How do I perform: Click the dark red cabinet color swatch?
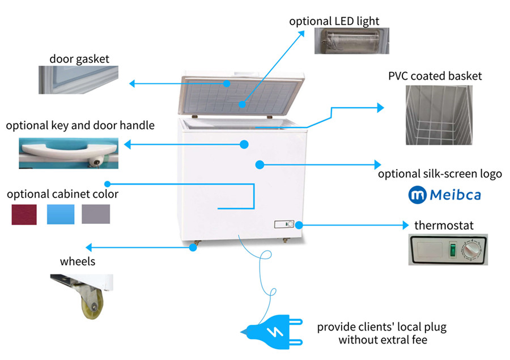tap(24, 214)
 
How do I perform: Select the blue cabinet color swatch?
tap(61, 214)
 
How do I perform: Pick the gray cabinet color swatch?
tap(96, 214)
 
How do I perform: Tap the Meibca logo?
tap(445, 195)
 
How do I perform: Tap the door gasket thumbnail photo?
tap(79, 79)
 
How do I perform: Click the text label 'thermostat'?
tap(444, 225)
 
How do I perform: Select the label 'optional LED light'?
tap(334, 22)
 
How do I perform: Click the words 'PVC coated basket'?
tap(435, 75)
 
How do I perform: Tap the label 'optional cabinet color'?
tap(62, 194)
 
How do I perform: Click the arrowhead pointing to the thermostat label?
tap(405, 225)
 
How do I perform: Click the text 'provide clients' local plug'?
tap(381, 327)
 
